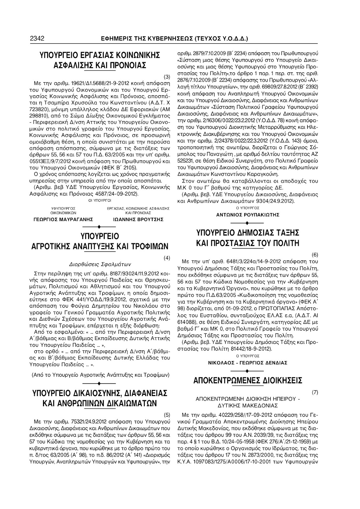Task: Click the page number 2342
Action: click(37, 39)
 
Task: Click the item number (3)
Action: click(166, 77)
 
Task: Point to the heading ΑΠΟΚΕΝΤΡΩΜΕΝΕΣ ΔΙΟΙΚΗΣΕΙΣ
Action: click(248, 380)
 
